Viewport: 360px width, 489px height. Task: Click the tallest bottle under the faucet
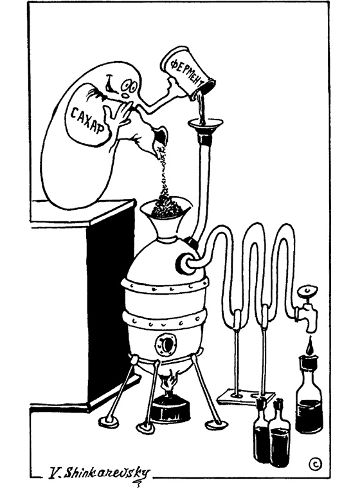coord(309,396)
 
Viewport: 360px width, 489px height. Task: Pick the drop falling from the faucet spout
coord(309,347)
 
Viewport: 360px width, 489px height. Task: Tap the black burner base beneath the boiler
coord(170,409)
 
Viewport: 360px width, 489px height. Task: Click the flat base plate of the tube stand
coord(246,396)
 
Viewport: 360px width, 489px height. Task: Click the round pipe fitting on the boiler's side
coord(186,263)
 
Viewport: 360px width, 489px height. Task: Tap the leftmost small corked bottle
coord(261,430)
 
